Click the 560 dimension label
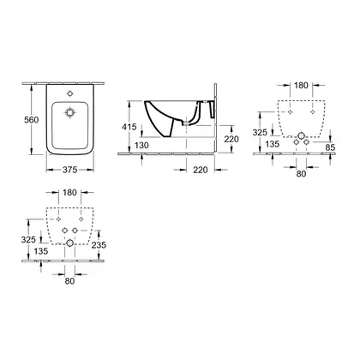31,120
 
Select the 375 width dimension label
70,170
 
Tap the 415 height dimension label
129,127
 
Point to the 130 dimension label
141,146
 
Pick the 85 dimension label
330,147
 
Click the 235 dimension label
99,245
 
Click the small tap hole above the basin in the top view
69,93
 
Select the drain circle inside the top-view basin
69,112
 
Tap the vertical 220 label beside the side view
231,139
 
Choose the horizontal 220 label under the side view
201,170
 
